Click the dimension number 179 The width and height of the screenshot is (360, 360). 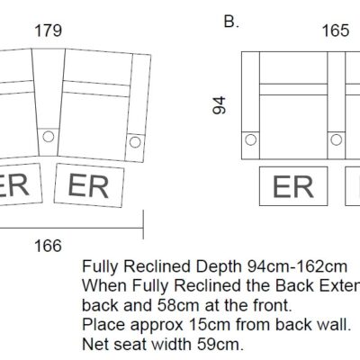[x=49, y=31]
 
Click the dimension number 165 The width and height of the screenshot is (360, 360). [x=336, y=31]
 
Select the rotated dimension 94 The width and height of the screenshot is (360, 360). [x=219, y=105]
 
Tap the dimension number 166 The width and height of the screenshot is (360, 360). [x=48, y=246]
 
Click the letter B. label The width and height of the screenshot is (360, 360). [x=231, y=22]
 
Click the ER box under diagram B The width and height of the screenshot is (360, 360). [x=293, y=186]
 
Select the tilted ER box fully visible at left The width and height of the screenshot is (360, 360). [x=89, y=185]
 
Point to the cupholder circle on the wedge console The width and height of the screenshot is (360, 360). [x=49, y=137]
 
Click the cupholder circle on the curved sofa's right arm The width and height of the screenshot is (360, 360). [x=135, y=142]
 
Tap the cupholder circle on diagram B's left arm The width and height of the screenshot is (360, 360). [x=251, y=139]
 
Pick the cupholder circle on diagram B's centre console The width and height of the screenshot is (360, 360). [x=336, y=139]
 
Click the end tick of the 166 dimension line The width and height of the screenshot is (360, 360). [x=143, y=224]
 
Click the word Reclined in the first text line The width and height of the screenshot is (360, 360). [x=157, y=266]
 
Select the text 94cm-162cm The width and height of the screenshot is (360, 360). [x=297, y=266]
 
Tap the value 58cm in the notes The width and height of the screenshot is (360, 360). [x=178, y=305]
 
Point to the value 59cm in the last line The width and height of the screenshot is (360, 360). [x=220, y=344]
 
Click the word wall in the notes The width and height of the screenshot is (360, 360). [x=337, y=325]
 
